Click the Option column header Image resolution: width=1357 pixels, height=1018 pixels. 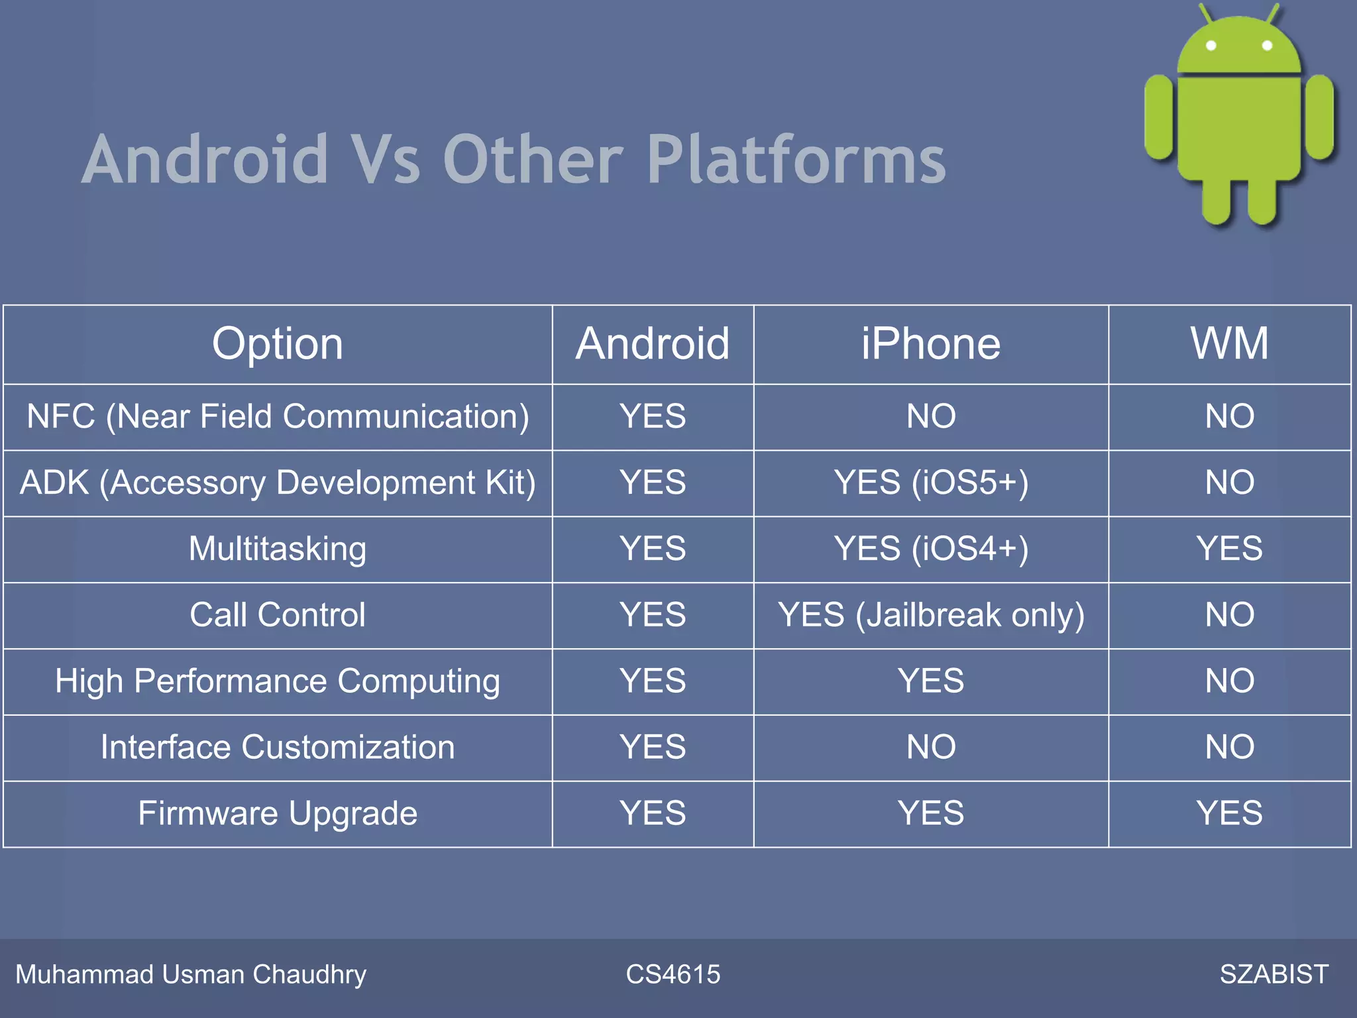point(278,344)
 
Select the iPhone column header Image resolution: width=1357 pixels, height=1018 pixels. point(930,344)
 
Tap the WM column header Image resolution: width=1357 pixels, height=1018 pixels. point(1229,344)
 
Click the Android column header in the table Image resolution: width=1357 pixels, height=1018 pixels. point(653,344)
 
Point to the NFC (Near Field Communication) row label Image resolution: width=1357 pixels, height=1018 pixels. point(278,417)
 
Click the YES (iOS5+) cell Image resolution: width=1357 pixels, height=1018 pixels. point(930,482)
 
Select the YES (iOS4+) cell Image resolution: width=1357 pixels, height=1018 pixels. point(930,549)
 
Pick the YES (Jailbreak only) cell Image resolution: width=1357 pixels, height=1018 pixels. point(930,615)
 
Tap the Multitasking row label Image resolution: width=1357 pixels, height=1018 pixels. point(278,549)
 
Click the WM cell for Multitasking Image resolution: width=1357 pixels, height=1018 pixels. point(1229,549)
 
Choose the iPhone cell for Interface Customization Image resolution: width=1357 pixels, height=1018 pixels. point(930,747)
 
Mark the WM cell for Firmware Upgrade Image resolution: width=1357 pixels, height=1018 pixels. point(1229,813)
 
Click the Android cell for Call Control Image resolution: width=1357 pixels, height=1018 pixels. point(653,615)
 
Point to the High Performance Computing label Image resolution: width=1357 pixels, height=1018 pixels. point(278,681)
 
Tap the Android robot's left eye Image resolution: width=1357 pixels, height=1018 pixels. point(1211,46)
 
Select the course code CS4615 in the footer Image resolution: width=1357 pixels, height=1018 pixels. point(673,974)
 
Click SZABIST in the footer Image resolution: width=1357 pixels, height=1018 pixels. point(1274,974)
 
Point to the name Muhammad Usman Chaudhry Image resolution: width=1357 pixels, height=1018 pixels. point(191,974)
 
